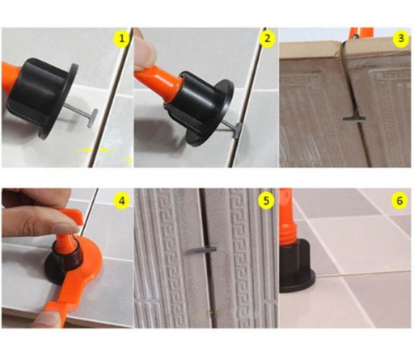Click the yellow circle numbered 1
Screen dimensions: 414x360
click(x=121, y=38)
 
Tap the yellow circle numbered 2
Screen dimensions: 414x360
click(x=267, y=38)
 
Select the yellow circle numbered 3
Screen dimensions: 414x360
click(x=401, y=38)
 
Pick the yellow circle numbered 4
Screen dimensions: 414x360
click(x=121, y=201)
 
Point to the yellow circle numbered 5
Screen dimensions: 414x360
click(x=266, y=201)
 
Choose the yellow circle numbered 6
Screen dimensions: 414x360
click(x=399, y=201)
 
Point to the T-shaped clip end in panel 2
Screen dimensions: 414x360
click(x=238, y=130)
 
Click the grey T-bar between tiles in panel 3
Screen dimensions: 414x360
click(x=354, y=118)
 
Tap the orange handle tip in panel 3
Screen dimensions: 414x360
click(x=361, y=32)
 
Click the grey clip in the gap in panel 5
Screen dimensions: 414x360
click(x=202, y=250)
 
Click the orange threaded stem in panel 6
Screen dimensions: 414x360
click(x=288, y=216)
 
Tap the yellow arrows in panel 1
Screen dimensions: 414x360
click(x=95, y=150)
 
